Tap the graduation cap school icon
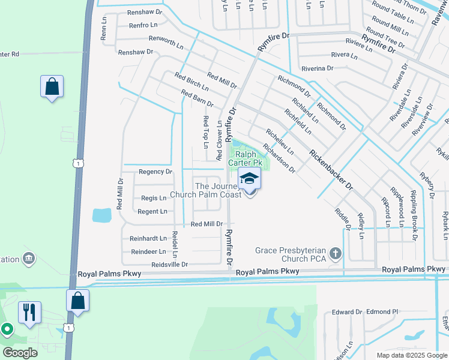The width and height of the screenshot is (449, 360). (x=249, y=178)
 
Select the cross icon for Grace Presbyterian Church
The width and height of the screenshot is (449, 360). (x=335, y=254)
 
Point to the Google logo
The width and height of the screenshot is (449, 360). (x=20, y=353)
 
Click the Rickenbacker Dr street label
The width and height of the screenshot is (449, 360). (x=331, y=170)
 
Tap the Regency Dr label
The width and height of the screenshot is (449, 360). (x=155, y=172)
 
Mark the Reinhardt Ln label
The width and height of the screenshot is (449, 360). (x=148, y=238)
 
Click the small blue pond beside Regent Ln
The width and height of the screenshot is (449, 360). (x=102, y=215)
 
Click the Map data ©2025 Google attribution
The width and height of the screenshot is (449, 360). (x=412, y=355)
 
